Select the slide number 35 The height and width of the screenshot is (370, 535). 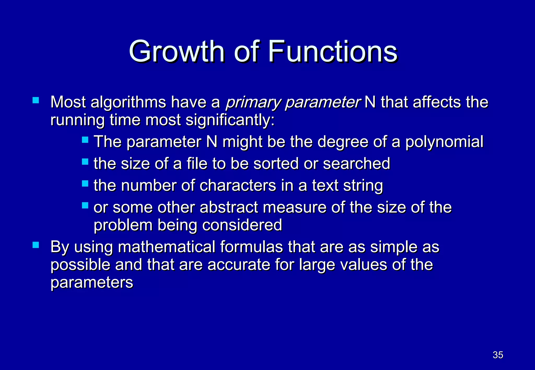(x=498, y=355)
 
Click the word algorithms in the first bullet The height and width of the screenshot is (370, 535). (x=128, y=102)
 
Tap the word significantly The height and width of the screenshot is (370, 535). (x=230, y=120)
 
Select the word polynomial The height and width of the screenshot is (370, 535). (x=444, y=142)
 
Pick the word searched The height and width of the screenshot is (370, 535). (x=356, y=164)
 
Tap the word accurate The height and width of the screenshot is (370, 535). (x=238, y=265)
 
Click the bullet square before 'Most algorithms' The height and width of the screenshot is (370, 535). (x=36, y=100)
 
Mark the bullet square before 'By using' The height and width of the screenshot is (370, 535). (x=36, y=245)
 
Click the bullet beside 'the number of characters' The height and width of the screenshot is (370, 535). (x=85, y=183)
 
